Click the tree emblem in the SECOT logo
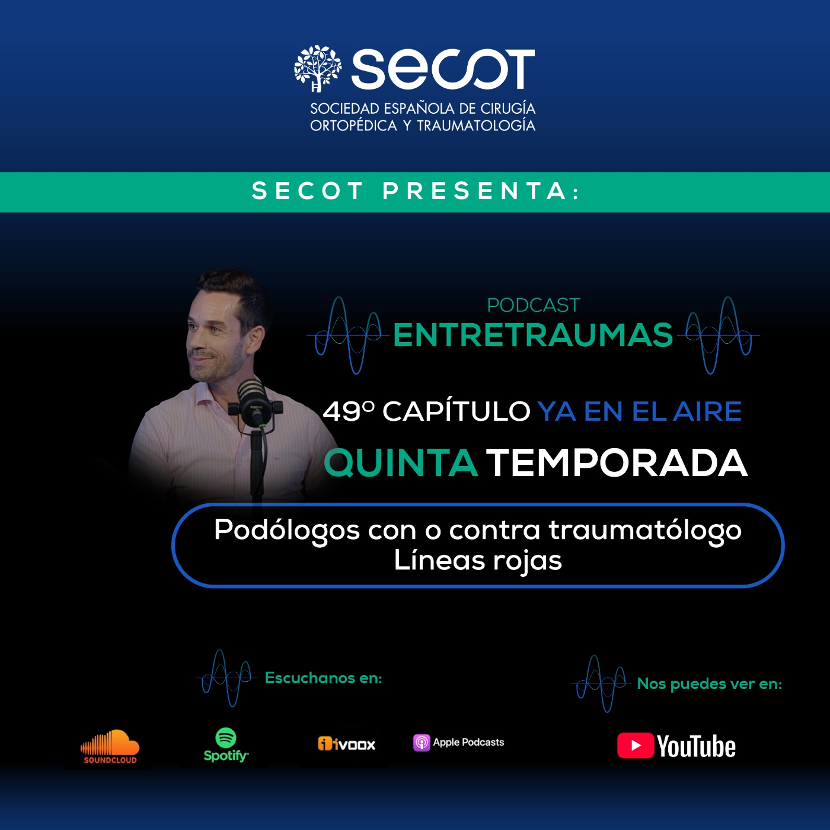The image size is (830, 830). pos(318,69)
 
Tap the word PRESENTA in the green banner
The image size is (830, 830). pos(481,191)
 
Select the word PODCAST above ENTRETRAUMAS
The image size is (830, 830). pos(533,305)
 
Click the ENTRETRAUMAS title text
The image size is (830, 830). pos(533,336)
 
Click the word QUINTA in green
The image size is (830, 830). pos(401,462)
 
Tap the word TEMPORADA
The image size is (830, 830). pos(617,462)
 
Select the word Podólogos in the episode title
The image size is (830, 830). pos(287,531)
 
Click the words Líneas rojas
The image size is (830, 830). pos(478,561)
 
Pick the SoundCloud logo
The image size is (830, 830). pos(110,748)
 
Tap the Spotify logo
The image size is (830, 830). pos(226,745)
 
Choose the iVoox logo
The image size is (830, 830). pos(347,744)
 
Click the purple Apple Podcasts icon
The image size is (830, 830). pos(422,743)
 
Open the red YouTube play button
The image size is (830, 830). pos(636,746)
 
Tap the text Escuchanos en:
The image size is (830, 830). pos(324,678)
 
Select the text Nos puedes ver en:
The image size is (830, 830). pos(710,684)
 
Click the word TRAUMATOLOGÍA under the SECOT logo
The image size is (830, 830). pos(476,125)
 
